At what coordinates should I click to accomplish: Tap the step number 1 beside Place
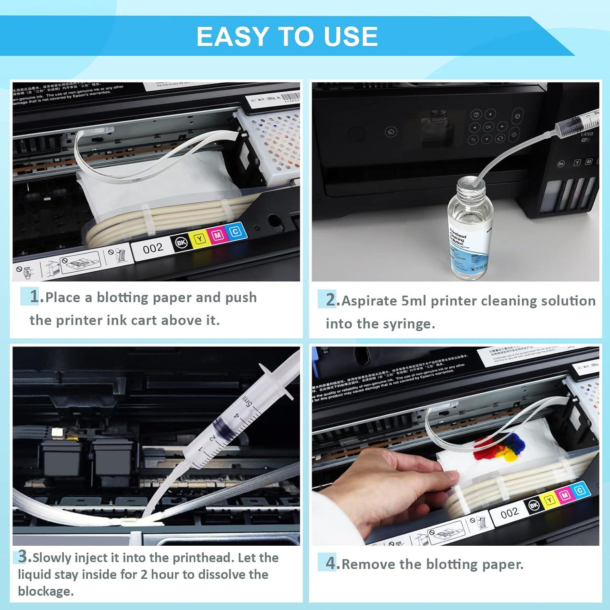tap(35, 296)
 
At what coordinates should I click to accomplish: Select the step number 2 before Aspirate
tap(331, 300)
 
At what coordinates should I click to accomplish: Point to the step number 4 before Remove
tap(331, 563)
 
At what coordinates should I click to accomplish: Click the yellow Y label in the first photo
tap(200, 238)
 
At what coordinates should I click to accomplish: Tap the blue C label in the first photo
tap(235, 232)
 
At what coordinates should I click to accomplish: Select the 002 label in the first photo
tap(153, 248)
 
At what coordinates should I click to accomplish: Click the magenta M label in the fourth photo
tap(564, 495)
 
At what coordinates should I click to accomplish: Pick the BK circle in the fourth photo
tap(534, 505)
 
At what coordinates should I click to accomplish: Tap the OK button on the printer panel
tap(488, 127)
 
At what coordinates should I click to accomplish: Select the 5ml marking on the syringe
tap(248, 402)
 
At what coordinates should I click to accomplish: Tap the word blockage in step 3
tap(46, 591)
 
